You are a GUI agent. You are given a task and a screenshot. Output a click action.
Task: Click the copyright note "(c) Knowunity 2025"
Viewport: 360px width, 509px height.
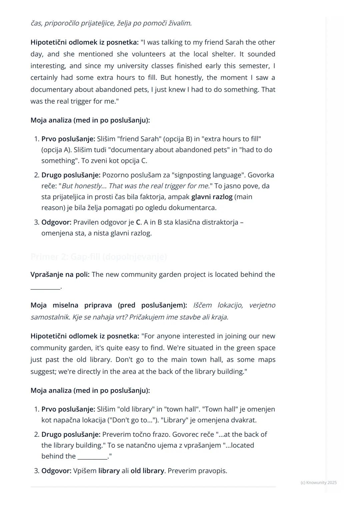point(318,482)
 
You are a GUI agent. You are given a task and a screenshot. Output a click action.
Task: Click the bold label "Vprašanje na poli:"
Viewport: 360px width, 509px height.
point(60,274)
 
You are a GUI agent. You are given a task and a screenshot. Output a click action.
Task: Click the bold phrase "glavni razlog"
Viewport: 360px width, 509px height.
point(212,197)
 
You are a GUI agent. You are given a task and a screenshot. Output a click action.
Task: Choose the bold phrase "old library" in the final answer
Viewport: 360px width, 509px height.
point(147,471)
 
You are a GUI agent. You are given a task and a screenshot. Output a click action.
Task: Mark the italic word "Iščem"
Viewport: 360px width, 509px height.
point(202,305)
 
